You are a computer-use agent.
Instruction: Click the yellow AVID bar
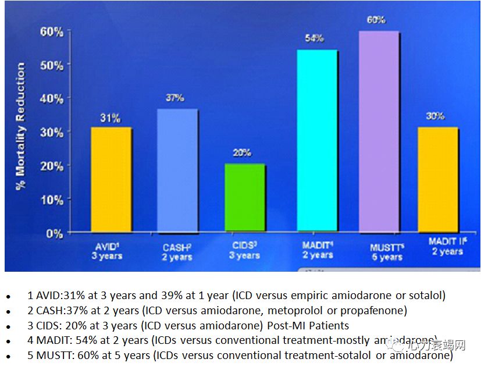point(111,180)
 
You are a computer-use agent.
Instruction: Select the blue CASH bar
point(177,171)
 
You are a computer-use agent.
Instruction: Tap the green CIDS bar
point(245,198)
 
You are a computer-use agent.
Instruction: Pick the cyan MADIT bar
point(316,141)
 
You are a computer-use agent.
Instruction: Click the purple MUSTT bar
point(379,132)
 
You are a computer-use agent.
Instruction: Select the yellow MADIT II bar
point(438,180)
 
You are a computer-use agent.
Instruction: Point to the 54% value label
point(314,38)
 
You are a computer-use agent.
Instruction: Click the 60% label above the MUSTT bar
point(376,20)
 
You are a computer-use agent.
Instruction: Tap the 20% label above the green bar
point(242,153)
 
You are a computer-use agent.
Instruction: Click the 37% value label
point(174,98)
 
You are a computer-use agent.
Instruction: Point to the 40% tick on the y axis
point(52,99)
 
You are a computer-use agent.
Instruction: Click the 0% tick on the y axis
point(55,233)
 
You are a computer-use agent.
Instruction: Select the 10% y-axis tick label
point(52,200)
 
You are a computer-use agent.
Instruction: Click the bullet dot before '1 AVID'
point(9,297)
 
